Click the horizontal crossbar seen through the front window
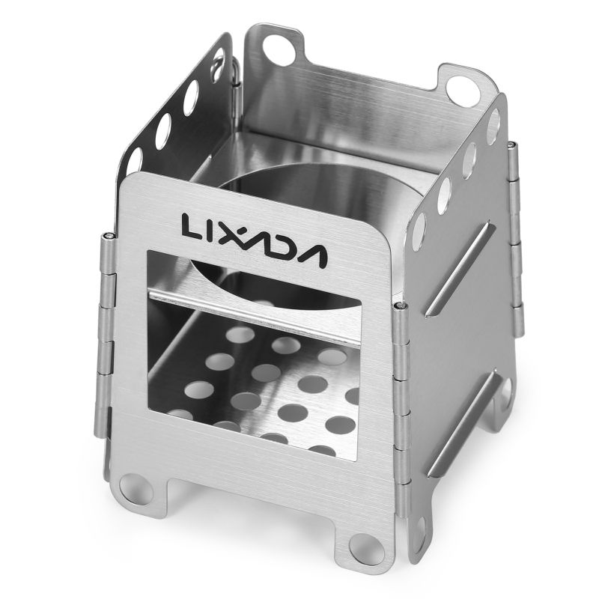tap(270, 307)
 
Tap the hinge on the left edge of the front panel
tap(107, 337)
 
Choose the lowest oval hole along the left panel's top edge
tap(136, 160)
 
